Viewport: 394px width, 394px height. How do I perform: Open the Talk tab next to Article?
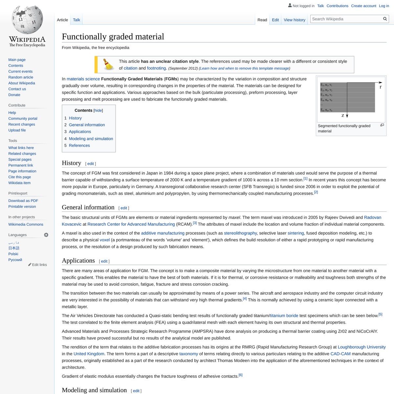[77, 20]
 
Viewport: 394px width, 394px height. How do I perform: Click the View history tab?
[295, 20]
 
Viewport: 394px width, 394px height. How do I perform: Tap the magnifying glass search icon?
[385, 19]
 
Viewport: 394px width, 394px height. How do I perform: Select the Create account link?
[363, 6]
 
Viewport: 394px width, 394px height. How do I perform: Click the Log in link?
[384, 6]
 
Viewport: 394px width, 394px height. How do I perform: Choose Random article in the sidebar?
[21, 77]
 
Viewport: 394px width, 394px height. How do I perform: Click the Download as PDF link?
[23, 201]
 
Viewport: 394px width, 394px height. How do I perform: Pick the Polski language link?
[13, 254]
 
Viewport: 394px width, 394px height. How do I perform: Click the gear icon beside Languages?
[46, 235]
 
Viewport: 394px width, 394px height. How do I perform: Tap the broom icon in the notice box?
[108, 65]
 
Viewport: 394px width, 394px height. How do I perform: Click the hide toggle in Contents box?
[98, 111]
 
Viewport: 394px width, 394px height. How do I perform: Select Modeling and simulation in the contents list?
[91, 139]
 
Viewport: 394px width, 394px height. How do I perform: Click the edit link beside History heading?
[91, 164]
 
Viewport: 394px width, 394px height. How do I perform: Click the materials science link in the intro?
[83, 79]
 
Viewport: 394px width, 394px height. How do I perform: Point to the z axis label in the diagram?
[343, 115]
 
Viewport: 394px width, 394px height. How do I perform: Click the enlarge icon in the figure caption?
[382, 125]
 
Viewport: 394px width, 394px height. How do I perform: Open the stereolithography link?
[240, 233]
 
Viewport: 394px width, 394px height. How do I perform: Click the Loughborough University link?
[362, 347]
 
